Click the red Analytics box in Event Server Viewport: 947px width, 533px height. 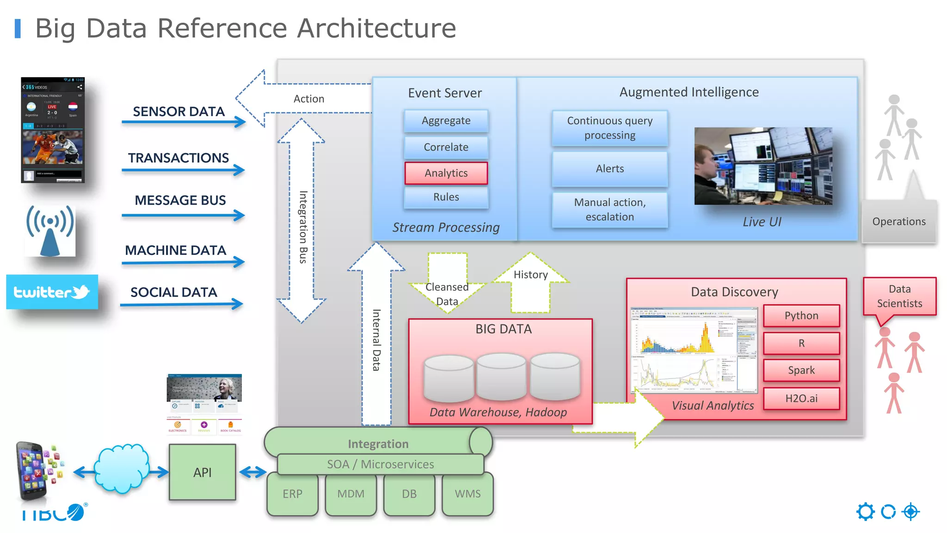(x=446, y=173)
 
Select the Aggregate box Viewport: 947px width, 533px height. (x=446, y=121)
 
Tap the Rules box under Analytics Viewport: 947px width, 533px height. (x=446, y=197)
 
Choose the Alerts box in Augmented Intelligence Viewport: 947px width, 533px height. (x=609, y=169)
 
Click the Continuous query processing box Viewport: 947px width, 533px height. (x=609, y=128)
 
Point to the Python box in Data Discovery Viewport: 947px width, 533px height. (x=801, y=316)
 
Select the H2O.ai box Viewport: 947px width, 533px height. (x=801, y=398)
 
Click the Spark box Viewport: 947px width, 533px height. (x=801, y=370)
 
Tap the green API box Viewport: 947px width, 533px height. (x=203, y=472)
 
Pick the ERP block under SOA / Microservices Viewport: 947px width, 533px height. (x=292, y=494)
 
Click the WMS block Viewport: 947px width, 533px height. (x=467, y=494)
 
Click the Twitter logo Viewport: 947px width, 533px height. (x=52, y=292)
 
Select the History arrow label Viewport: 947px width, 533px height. (x=530, y=275)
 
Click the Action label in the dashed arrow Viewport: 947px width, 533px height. (x=309, y=99)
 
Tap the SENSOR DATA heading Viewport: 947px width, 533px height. (x=178, y=112)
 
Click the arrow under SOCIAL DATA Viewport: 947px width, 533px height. (x=181, y=304)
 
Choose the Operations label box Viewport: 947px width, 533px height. (x=898, y=222)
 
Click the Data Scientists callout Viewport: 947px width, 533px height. (x=899, y=297)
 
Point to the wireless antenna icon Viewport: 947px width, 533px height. (x=50, y=230)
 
